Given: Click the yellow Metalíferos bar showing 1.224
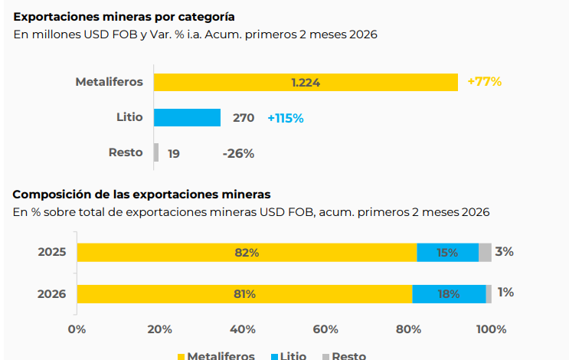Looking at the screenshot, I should pyautogui.click(x=306, y=82).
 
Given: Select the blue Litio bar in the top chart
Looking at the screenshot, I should pyautogui.click(x=187, y=117).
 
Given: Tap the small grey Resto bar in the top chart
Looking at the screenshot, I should pyautogui.click(x=156, y=152).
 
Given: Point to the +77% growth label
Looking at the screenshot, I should pyautogui.click(x=484, y=81).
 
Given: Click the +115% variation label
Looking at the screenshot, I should pyautogui.click(x=286, y=118).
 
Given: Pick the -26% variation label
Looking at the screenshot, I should pyautogui.click(x=238, y=153).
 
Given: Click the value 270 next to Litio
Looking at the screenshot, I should pyautogui.click(x=244, y=118).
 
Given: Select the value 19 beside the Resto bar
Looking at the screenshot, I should pyautogui.click(x=174, y=153).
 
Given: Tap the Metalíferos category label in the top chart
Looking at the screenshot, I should pyautogui.click(x=109, y=82).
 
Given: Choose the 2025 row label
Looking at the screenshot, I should pyautogui.click(x=52, y=252).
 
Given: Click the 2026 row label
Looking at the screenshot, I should pyautogui.click(x=52, y=293).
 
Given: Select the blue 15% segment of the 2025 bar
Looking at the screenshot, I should pyautogui.click(x=447, y=252).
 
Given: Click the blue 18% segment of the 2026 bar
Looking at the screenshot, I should pyautogui.click(x=449, y=293).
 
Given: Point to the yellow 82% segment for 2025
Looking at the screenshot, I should pyautogui.click(x=247, y=252).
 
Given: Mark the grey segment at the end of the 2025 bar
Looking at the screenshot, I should pyautogui.click(x=485, y=252).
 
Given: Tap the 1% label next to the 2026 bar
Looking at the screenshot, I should pyautogui.click(x=505, y=292).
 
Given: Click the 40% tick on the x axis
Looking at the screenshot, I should pyautogui.click(x=243, y=329).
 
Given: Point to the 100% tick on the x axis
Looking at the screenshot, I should pyautogui.click(x=491, y=329).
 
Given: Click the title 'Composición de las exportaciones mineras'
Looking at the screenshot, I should pyautogui.click(x=141, y=195).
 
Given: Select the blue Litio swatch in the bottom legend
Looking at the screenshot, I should pyautogui.click(x=275, y=356).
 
